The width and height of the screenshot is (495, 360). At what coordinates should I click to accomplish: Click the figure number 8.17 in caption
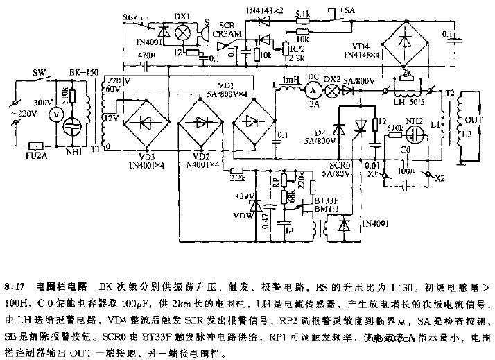(x=14, y=286)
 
